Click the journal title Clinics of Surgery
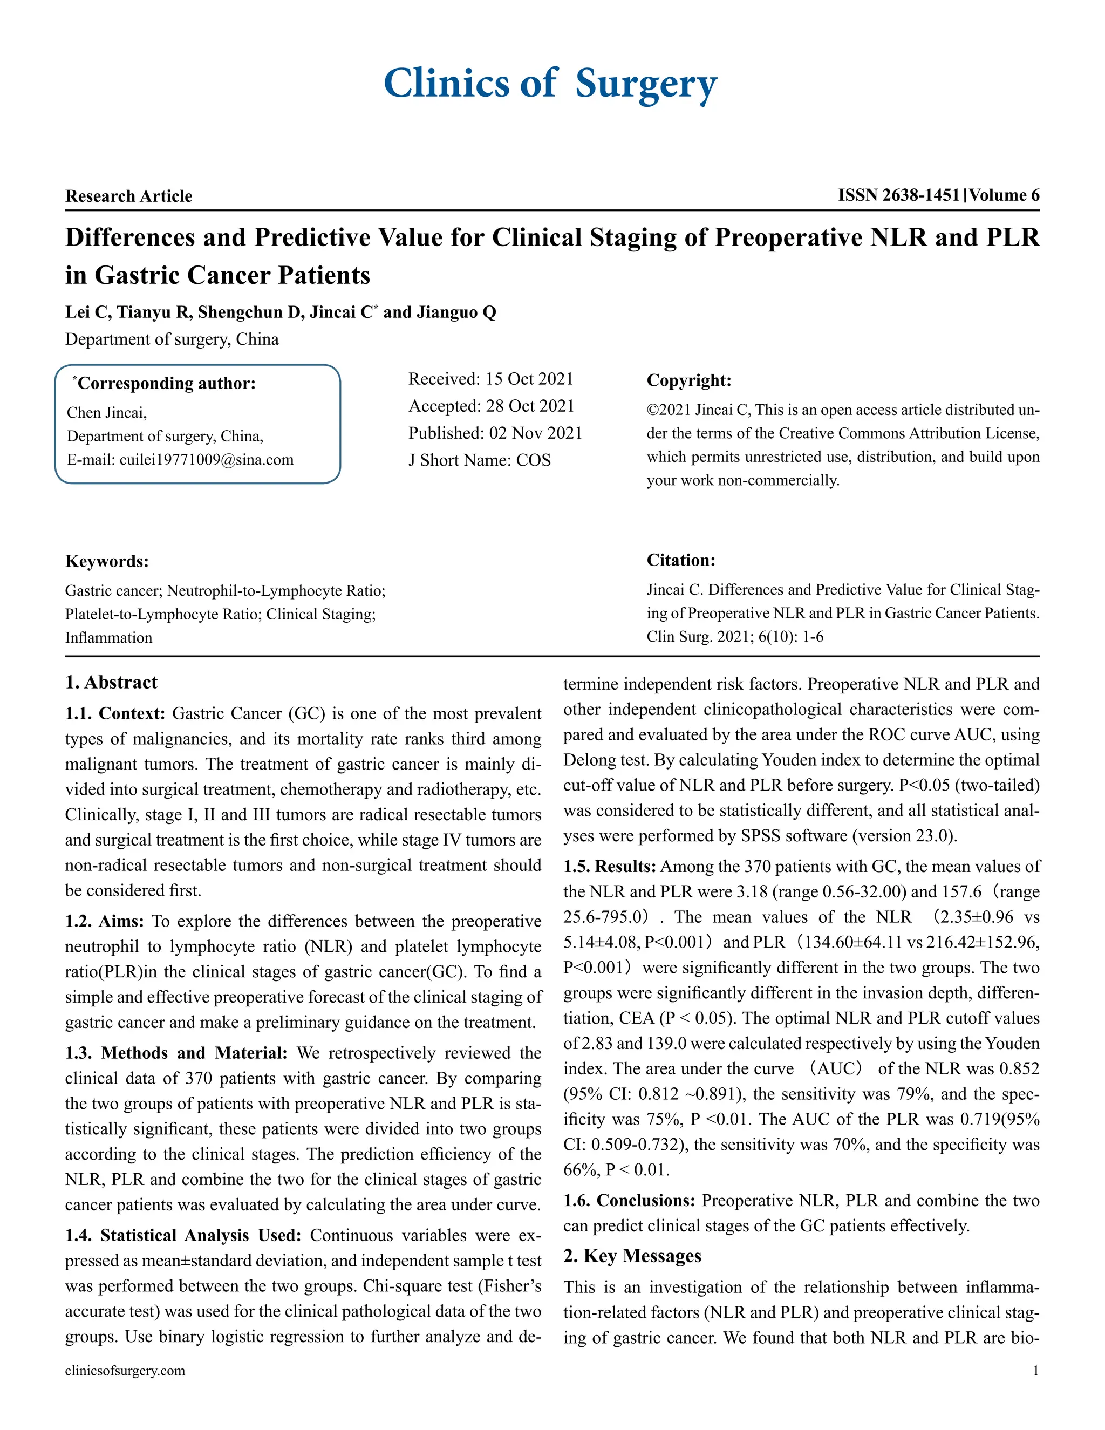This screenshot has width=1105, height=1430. coord(550,84)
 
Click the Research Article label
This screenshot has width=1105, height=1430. coord(128,196)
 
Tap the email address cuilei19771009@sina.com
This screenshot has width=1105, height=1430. coord(206,460)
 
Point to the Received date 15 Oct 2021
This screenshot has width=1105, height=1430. coord(529,379)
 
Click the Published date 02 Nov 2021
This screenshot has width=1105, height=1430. coord(535,433)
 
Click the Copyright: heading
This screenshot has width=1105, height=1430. coord(688,380)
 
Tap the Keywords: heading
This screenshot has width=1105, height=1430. coord(107,561)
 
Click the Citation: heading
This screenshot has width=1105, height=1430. coord(681,560)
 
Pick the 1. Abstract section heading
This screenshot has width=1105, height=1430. coord(111,682)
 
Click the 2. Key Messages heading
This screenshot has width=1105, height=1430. coord(632,1256)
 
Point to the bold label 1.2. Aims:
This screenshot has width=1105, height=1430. coord(104,921)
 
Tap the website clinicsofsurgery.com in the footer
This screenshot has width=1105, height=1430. coord(125,1371)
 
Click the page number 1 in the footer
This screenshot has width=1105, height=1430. coord(1035,1371)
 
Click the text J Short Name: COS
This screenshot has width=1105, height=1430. coord(479,460)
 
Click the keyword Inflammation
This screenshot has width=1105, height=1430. coord(108,638)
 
